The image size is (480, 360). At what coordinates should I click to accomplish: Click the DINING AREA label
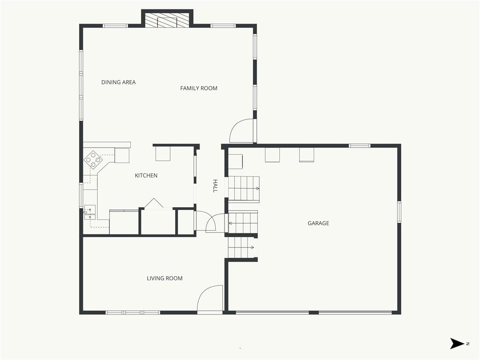(x=119, y=82)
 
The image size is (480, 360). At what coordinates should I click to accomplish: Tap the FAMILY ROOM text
(x=199, y=88)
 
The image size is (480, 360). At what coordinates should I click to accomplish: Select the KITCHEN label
(x=146, y=175)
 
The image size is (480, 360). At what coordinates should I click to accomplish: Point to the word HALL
(x=215, y=186)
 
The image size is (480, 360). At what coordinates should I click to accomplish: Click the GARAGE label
(x=318, y=223)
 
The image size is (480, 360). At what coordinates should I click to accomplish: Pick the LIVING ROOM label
(x=165, y=278)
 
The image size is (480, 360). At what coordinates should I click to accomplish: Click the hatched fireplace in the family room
(x=167, y=20)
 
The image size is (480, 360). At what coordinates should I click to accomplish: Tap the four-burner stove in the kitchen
(x=93, y=159)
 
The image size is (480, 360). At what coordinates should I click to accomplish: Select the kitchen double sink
(x=90, y=212)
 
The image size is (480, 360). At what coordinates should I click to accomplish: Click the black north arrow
(x=457, y=344)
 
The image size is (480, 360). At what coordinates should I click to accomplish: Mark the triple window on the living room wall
(x=133, y=313)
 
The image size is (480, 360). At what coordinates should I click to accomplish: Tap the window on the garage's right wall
(x=399, y=211)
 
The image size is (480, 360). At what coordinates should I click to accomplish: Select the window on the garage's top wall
(x=360, y=146)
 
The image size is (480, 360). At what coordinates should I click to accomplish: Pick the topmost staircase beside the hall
(x=244, y=188)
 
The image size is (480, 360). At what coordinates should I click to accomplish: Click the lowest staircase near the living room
(x=241, y=247)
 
